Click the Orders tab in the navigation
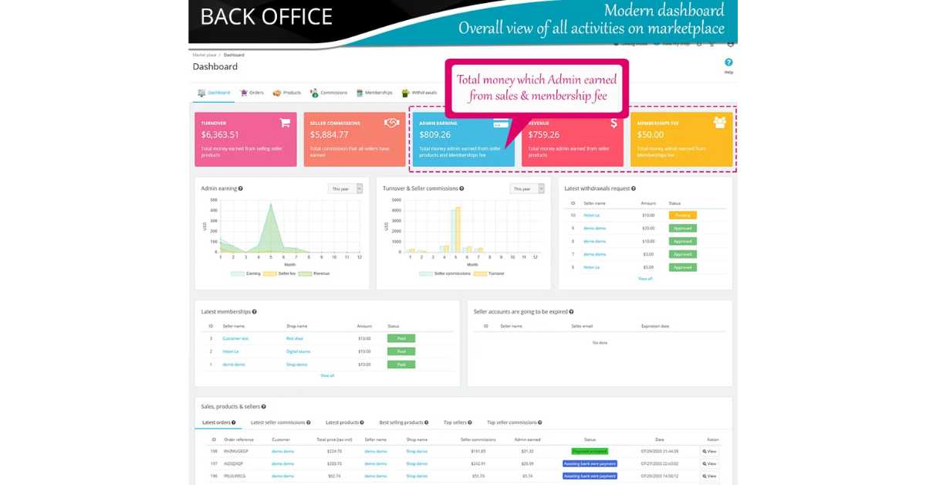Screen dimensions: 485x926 pyautogui.click(x=252, y=93)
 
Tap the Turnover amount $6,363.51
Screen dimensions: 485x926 pyautogui.click(x=221, y=134)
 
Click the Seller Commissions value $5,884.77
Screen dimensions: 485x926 pyautogui.click(x=330, y=134)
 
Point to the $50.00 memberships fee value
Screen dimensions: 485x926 pyautogui.click(x=650, y=134)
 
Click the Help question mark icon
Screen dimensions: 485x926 pyautogui.click(x=728, y=63)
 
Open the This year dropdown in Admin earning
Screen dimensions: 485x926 pyautogui.click(x=345, y=188)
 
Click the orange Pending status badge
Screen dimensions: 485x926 pyautogui.click(x=682, y=215)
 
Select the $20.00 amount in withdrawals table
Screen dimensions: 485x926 pyautogui.click(x=647, y=229)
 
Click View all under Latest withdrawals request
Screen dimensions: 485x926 pyautogui.click(x=645, y=279)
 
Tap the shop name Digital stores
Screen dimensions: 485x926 pyautogui.click(x=298, y=351)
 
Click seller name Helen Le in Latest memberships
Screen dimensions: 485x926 pyautogui.click(x=231, y=351)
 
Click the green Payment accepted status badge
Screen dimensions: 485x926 pyautogui.click(x=590, y=451)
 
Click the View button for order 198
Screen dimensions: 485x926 pyautogui.click(x=709, y=451)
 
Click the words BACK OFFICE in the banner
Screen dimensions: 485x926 pyautogui.click(x=266, y=17)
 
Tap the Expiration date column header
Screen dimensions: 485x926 pyautogui.click(x=655, y=326)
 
